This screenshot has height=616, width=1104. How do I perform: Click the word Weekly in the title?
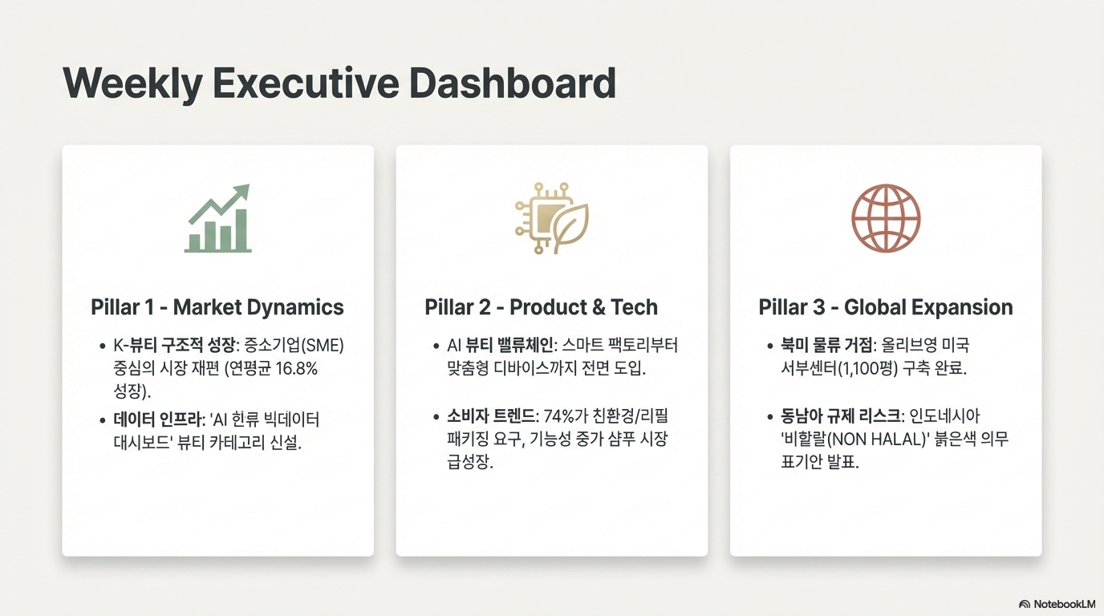[132, 83]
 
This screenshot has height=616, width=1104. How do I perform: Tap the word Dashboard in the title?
[513, 83]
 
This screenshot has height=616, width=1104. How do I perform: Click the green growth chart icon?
[218, 218]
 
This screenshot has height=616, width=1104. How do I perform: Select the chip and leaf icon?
[551, 218]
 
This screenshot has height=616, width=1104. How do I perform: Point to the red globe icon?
[886, 218]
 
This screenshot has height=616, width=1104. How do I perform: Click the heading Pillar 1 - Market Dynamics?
[217, 307]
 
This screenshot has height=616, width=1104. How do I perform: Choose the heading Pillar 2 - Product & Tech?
[541, 307]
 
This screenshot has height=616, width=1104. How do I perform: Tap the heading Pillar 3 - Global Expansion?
[886, 307]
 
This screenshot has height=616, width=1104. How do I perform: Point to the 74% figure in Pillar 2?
[559, 416]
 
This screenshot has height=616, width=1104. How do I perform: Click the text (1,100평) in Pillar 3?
[867, 369]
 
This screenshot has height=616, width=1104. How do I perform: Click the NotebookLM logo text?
[1064, 604]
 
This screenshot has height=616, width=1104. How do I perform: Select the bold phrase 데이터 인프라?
[159, 419]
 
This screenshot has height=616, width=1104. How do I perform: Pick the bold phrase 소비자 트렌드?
[490, 416]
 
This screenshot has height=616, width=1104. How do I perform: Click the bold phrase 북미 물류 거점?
[826, 345]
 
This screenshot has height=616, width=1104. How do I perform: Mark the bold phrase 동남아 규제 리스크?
[840, 416]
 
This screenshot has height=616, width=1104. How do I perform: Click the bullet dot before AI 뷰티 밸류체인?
[436, 346]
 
